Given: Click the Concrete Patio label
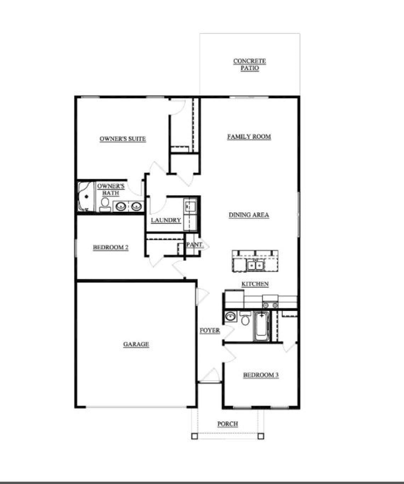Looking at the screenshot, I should pyautogui.click(x=249, y=64).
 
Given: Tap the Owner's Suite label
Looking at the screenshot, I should pyautogui.click(x=123, y=139).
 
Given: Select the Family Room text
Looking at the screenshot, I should pyautogui.click(x=249, y=136).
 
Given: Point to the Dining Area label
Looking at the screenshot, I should pyautogui.click(x=249, y=215).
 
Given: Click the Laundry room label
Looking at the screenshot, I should pyautogui.click(x=166, y=220).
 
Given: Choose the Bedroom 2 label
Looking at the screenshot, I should pyautogui.click(x=111, y=247).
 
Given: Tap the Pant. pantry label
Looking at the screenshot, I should pyautogui.click(x=195, y=244).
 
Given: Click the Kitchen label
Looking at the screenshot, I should pyautogui.click(x=255, y=284).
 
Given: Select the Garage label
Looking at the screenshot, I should pyautogui.click(x=136, y=344).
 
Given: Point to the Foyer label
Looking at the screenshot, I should pyautogui.click(x=210, y=331).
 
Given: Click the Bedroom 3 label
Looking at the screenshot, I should pyautogui.click(x=260, y=375).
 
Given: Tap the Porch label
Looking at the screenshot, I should pyautogui.click(x=228, y=424).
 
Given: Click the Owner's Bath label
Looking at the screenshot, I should pyautogui.click(x=111, y=190).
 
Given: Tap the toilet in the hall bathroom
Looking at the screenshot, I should pyautogui.click(x=245, y=319).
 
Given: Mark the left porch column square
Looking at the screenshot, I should pyautogui.click(x=194, y=436).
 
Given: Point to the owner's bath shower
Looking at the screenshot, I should pyautogui.click(x=85, y=197).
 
